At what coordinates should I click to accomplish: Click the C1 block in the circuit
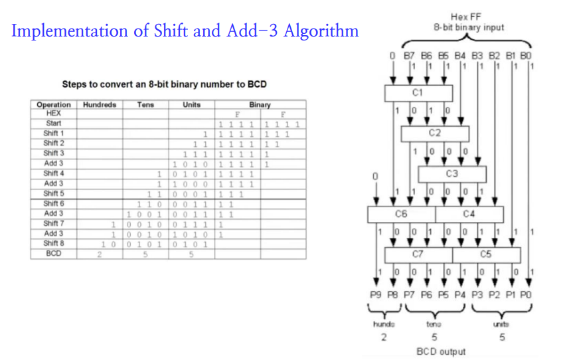point(418,92)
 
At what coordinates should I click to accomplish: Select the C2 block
point(435,133)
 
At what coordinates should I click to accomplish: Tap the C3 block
point(452,173)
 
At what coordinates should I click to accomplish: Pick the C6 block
point(401,214)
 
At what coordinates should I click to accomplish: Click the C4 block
point(469,214)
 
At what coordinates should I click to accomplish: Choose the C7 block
point(418,254)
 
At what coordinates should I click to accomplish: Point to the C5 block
point(486,254)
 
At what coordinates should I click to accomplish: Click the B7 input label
point(411,57)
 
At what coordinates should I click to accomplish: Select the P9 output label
point(376,294)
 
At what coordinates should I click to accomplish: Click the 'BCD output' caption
point(441,351)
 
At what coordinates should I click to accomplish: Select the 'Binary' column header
point(260,105)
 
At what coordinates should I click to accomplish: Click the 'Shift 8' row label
point(54,243)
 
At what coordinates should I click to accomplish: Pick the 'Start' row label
point(54,124)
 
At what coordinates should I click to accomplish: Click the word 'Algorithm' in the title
point(322,31)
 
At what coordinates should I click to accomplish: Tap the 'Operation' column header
point(54,105)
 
